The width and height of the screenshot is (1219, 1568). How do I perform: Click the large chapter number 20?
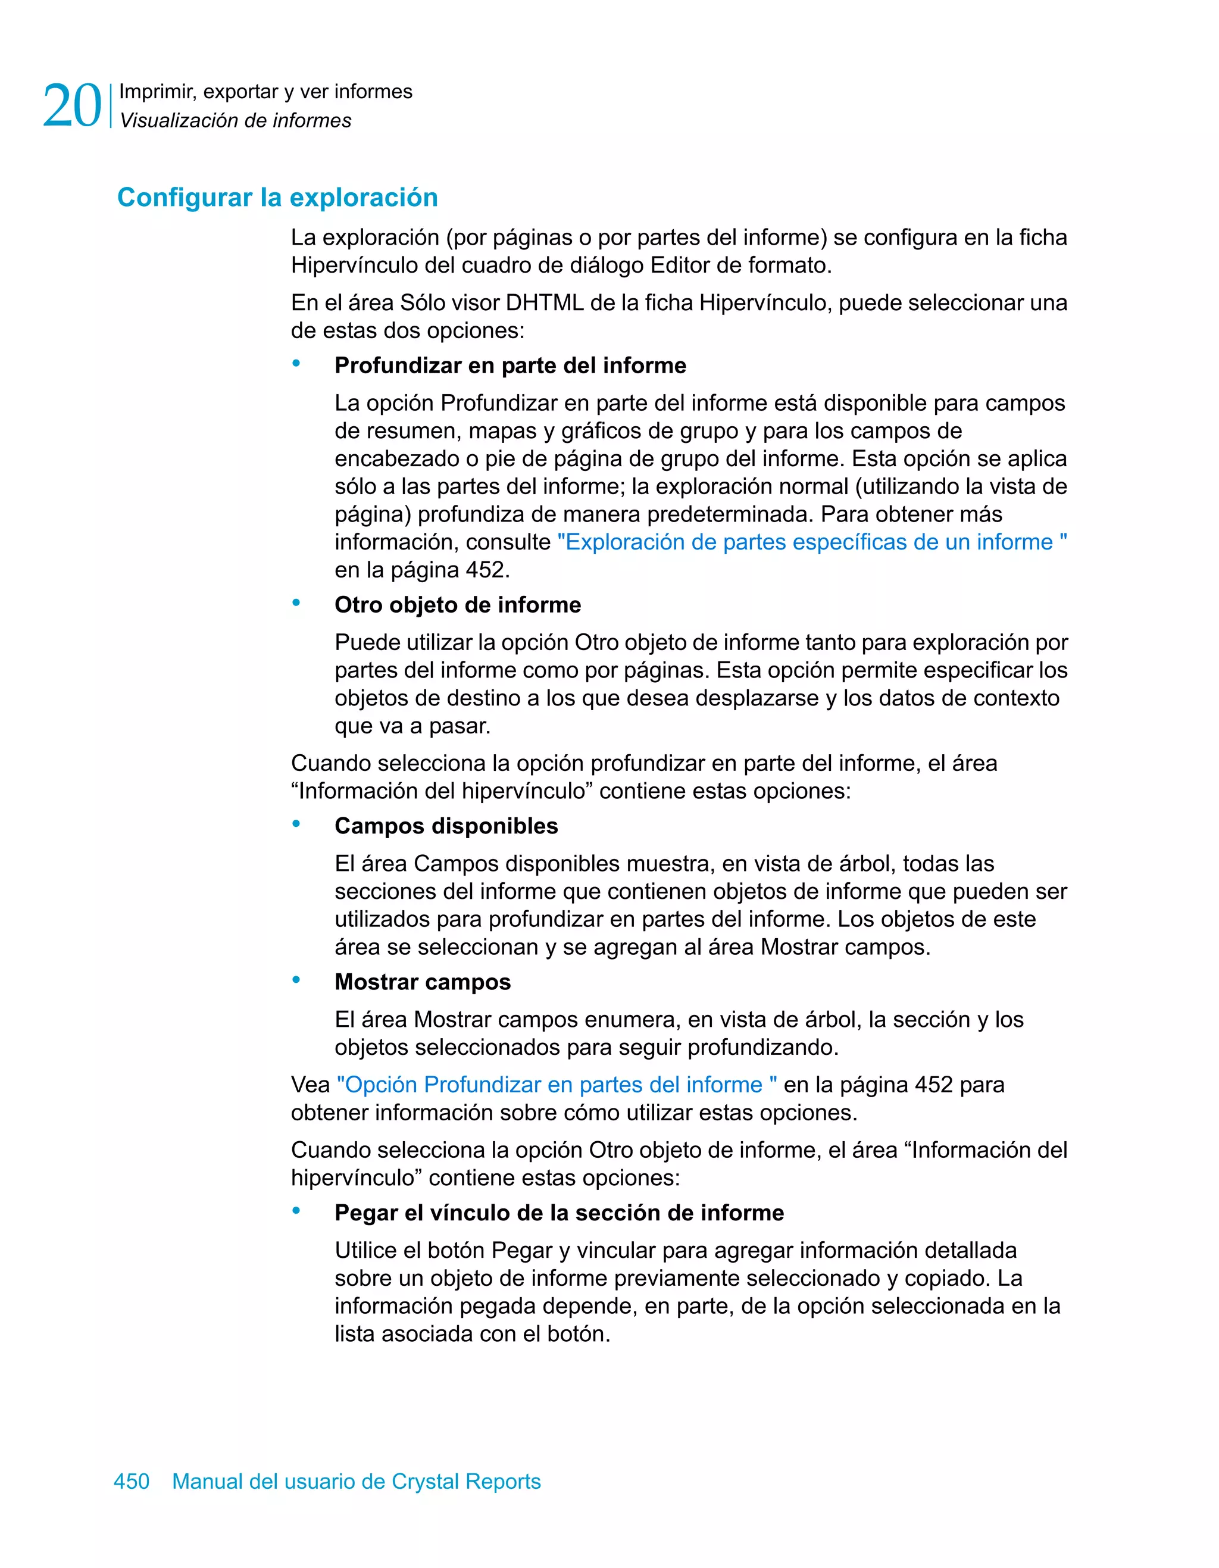[x=72, y=106]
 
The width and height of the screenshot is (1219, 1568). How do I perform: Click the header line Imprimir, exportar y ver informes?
[x=265, y=92]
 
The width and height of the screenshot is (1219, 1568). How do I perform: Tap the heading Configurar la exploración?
[x=277, y=198]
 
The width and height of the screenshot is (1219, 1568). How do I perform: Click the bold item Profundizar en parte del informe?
[x=510, y=366]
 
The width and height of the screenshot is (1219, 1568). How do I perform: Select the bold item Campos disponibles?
[x=446, y=826]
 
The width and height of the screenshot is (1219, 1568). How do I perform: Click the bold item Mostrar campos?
[x=422, y=982]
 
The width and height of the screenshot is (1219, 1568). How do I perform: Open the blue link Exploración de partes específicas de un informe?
[x=811, y=542]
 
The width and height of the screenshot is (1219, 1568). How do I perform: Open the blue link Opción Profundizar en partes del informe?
[x=557, y=1085]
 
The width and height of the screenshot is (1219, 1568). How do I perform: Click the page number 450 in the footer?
[x=132, y=1481]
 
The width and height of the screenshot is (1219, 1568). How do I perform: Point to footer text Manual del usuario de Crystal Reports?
[x=356, y=1481]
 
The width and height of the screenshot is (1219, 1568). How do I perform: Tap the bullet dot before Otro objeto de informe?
[x=296, y=603]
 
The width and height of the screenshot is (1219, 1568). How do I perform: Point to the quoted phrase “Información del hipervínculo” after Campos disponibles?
[x=442, y=791]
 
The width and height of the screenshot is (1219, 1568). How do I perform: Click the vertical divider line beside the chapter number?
[x=111, y=106]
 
